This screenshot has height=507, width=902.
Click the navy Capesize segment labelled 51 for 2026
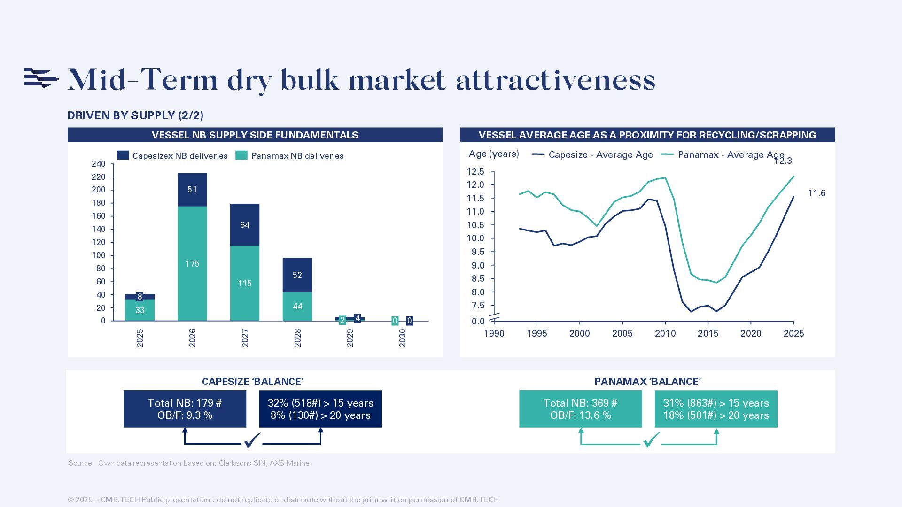coord(192,190)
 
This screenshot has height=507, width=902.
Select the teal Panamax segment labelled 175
coord(192,263)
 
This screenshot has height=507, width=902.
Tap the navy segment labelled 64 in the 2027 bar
coord(245,225)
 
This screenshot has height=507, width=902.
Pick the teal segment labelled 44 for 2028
coord(297,307)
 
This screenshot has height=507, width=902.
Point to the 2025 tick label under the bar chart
coord(140,338)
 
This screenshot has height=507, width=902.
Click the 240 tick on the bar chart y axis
coord(99,164)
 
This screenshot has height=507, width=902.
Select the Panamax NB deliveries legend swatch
coord(241,155)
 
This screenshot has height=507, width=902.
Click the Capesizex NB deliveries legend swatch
coord(123,155)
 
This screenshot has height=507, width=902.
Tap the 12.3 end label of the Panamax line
coord(783,161)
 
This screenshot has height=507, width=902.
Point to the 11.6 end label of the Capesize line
coord(816,193)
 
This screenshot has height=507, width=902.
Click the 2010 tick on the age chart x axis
coord(665,334)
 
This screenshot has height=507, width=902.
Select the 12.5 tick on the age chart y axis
coord(475,172)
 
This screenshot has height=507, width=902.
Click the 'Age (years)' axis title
coord(494,154)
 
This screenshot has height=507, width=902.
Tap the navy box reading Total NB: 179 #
coord(185,409)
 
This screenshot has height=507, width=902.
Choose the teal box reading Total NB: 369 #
coord(580,409)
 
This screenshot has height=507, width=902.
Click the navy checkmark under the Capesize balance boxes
coord(252,440)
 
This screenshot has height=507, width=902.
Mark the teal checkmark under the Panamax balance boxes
coord(651,440)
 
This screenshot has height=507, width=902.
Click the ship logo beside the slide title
coord(41,78)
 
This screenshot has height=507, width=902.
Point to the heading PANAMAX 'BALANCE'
coord(647,382)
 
